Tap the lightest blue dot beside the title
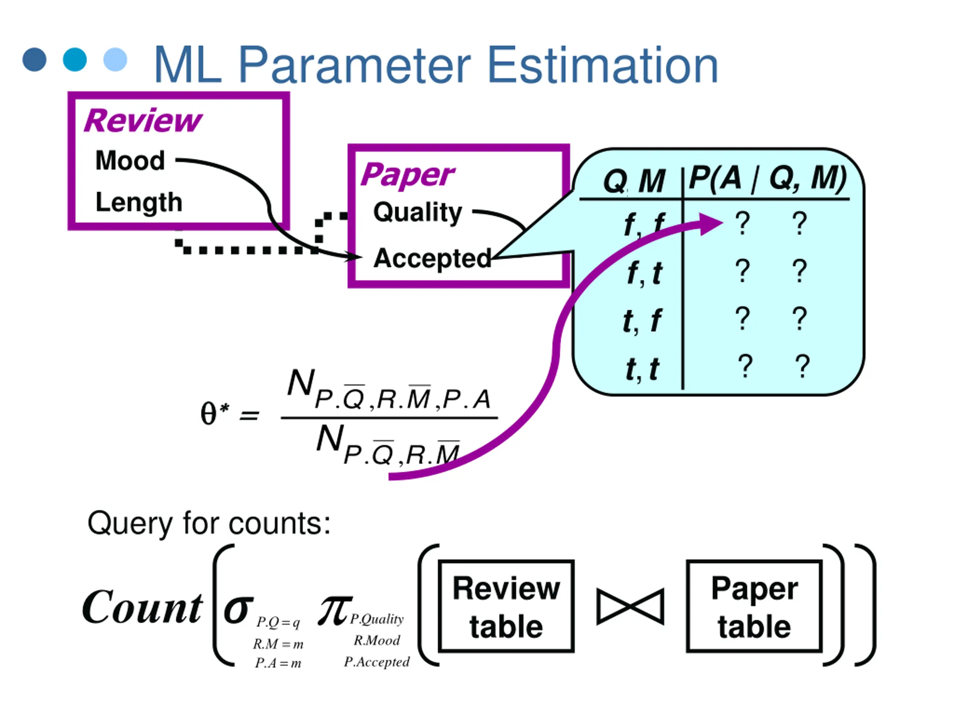(115, 60)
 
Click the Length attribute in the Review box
(139, 202)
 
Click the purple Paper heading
(407, 175)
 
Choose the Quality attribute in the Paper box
(417, 213)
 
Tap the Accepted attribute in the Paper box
(432, 258)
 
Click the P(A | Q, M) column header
(768, 178)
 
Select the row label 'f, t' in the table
(644, 273)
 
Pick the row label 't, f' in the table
(642, 321)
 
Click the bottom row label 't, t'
(642, 369)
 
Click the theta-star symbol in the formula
(214, 413)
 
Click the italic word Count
(142, 607)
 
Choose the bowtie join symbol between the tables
(630, 606)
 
